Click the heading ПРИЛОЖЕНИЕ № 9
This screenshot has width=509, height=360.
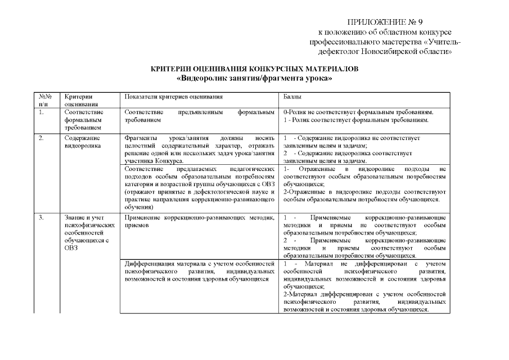click(x=385, y=23)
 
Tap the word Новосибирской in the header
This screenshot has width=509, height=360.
click(x=402, y=51)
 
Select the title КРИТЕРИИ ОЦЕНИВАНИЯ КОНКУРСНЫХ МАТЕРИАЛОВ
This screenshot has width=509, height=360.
click(x=254, y=69)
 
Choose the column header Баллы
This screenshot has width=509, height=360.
click(x=293, y=97)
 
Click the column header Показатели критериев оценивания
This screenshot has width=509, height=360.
click(x=169, y=97)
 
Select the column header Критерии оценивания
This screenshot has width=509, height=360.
click(x=78, y=100)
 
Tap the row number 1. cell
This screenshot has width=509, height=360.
click(x=41, y=112)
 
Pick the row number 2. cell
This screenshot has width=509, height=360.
click(x=41, y=138)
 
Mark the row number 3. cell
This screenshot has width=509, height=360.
click(x=41, y=217)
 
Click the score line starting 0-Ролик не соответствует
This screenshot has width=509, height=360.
click(x=358, y=112)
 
